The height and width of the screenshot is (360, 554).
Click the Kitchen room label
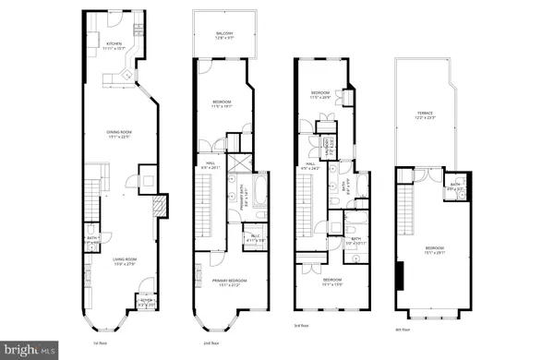tap(114, 44)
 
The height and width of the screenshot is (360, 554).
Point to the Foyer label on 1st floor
tap(145, 301)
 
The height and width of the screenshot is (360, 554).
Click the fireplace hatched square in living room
tap(161, 205)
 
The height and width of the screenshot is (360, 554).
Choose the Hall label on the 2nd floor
tap(209, 165)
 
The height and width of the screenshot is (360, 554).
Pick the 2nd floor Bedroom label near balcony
tap(222, 103)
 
